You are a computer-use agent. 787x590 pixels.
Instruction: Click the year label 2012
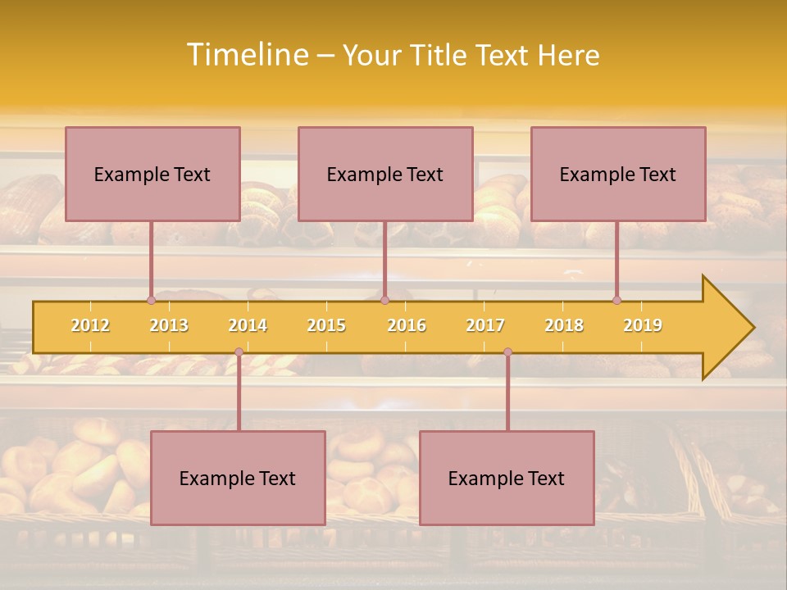(90, 325)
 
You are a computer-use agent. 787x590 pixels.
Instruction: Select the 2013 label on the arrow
(169, 325)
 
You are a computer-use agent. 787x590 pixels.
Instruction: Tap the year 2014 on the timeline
(248, 325)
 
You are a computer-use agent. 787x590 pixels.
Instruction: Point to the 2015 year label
(326, 325)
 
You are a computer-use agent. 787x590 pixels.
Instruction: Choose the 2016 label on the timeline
(407, 325)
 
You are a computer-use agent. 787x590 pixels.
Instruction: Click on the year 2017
(485, 325)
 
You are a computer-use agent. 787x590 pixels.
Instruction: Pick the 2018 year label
(564, 325)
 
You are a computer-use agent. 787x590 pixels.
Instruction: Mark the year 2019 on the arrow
(643, 325)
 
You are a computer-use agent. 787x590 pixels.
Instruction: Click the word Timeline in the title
(246, 55)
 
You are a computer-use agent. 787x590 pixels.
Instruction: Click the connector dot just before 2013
(151, 301)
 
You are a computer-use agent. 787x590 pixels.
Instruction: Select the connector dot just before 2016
(385, 301)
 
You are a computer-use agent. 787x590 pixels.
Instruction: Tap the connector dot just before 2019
(616, 301)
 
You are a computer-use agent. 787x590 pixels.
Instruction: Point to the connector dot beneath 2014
(239, 352)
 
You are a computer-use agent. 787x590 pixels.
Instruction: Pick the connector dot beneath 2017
(507, 352)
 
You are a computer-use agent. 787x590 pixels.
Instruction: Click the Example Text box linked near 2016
(385, 174)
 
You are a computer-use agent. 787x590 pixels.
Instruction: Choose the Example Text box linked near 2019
(618, 174)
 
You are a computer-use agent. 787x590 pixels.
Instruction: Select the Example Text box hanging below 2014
(238, 478)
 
